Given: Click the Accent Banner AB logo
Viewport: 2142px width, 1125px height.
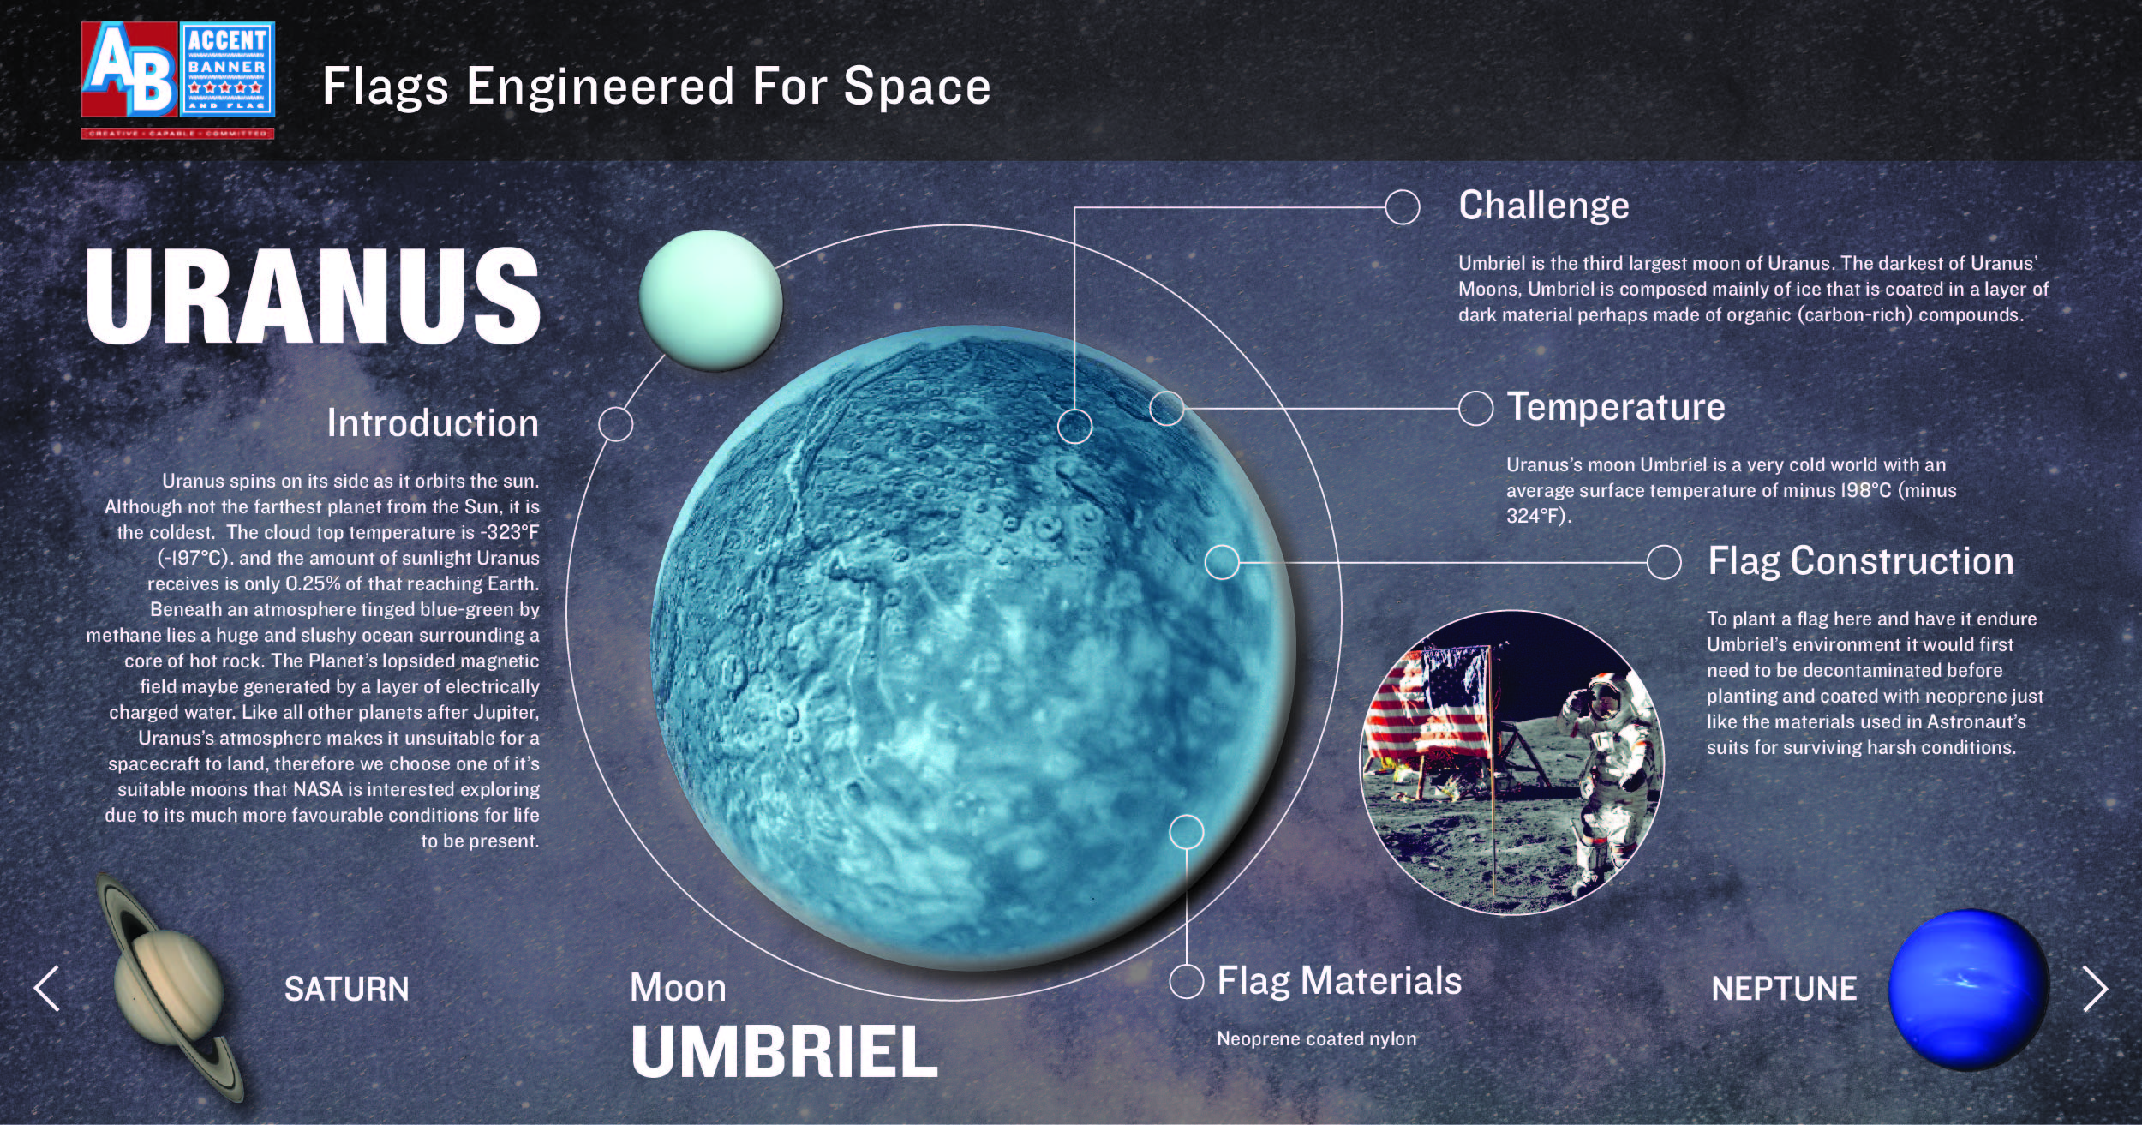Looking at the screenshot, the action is (x=178, y=80).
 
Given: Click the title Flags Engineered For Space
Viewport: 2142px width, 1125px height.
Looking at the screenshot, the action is (x=656, y=87).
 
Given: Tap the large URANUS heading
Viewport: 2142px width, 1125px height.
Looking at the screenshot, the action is (x=313, y=296).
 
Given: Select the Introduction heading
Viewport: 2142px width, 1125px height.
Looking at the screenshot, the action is (x=433, y=423).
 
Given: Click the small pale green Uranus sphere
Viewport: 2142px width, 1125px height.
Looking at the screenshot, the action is (x=710, y=300).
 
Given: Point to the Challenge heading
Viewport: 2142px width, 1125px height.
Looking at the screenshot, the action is (x=1544, y=206).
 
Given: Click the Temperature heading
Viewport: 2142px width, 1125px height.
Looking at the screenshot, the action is (x=1616, y=407).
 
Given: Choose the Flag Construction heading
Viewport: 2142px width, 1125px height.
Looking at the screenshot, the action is (x=1861, y=561).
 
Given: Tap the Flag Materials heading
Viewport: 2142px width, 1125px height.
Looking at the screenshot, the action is (x=1339, y=982).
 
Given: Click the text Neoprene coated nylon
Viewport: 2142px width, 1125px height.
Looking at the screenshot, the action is (x=1317, y=1039).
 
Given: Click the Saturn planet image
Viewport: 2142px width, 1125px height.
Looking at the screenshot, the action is (x=169, y=987).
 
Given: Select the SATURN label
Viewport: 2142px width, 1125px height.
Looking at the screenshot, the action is (x=347, y=990).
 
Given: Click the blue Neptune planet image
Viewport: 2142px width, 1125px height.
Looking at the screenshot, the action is (x=1968, y=990).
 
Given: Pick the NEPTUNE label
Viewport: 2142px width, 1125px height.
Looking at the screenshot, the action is (x=1784, y=990).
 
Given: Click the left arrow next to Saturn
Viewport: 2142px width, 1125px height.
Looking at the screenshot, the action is (x=46, y=989).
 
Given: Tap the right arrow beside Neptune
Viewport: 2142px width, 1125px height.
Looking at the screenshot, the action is (x=2095, y=990).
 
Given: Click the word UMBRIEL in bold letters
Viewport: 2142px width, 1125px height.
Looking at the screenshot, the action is (x=784, y=1052).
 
